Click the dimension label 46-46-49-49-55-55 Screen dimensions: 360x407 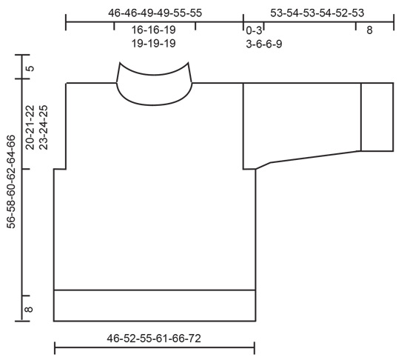point(155,13)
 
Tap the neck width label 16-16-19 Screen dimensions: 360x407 point(154,30)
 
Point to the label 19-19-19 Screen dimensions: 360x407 point(154,44)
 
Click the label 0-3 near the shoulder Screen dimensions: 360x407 point(253,30)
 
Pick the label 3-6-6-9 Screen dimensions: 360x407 point(264,44)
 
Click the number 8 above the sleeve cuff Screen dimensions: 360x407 point(369,30)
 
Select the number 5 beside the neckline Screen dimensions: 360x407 point(30,69)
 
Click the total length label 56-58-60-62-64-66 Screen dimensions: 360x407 point(11,181)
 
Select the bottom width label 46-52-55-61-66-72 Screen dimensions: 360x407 point(154,339)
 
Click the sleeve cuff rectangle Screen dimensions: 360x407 point(377,118)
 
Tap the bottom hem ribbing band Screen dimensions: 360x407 point(154,305)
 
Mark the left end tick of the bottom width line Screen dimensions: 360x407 point(55,346)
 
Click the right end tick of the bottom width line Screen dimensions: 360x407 point(255,346)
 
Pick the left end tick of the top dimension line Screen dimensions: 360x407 point(66,23)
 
